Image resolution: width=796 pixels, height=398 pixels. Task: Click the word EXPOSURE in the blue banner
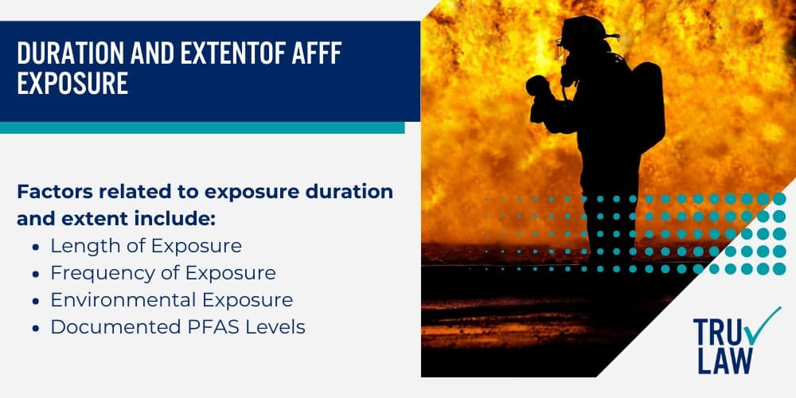pos(72,84)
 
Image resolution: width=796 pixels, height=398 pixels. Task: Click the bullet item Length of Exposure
pos(146,246)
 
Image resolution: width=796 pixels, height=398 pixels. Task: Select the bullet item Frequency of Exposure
pos(163,273)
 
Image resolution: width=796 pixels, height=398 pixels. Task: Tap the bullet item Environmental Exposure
pos(172,300)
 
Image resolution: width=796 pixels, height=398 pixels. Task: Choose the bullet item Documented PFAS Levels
pos(178,327)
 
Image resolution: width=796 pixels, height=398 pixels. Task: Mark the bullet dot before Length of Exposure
pos(37,247)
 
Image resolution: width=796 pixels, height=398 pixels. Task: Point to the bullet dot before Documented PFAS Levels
pos(37,328)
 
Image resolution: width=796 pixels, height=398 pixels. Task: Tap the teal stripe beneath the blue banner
pos(202,127)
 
